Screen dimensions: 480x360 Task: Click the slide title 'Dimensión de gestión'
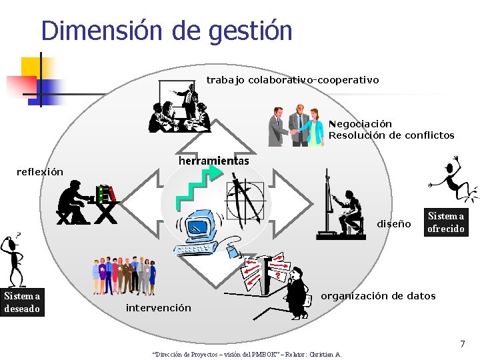(x=167, y=31)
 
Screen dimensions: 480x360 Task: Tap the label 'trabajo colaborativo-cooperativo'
(x=292, y=80)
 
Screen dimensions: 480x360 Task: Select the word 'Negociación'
(x=360, y=124)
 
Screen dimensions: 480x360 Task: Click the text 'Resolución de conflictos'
(x=391, y=135)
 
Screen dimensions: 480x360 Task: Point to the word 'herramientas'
(x=213, y=161)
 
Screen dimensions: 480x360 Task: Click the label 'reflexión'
(x=39, y=172)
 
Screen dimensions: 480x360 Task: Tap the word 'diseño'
(x=394, y=224)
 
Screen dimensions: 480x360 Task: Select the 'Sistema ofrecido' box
(x=446, y=223)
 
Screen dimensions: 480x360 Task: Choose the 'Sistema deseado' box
(x=22, y=302)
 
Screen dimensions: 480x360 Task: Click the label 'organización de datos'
(x=378, y=296)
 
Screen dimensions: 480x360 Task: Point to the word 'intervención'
(x=158, y=308)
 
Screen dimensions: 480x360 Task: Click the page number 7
(x=462, y=344)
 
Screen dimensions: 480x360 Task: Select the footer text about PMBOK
(x=247, y=354)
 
